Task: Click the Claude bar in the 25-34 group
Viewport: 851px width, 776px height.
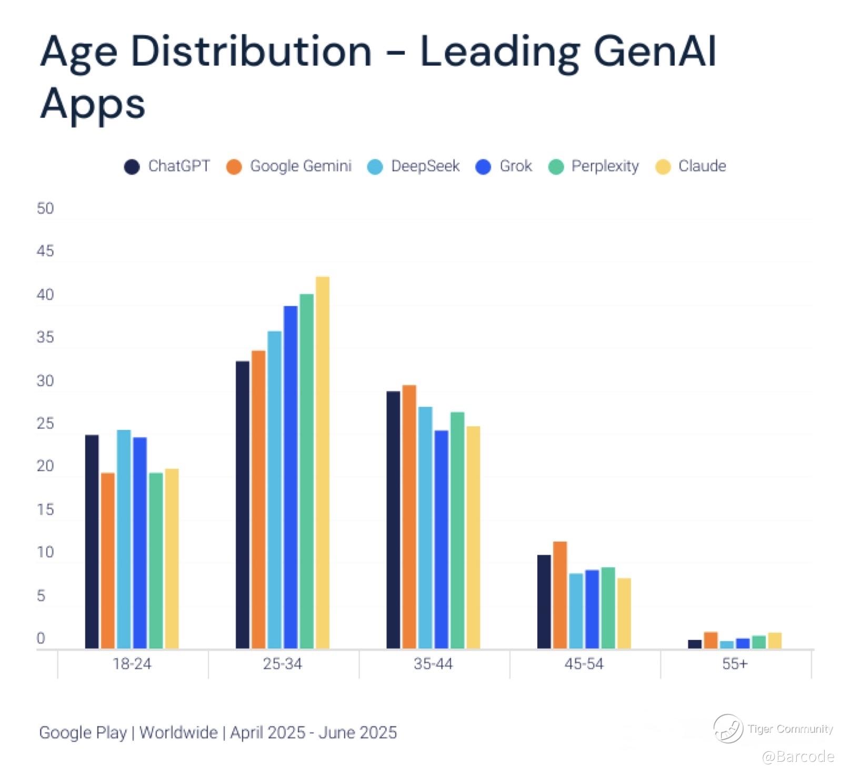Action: (322, 463)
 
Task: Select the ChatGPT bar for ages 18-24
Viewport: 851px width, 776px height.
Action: (92, 542)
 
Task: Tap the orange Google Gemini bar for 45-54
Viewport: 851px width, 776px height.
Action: (560, 595)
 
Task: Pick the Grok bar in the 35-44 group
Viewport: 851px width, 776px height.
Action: (442, 539)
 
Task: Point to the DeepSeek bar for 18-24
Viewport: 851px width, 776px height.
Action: (124, 539)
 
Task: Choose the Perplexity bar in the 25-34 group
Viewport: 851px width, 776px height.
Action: (306, 471)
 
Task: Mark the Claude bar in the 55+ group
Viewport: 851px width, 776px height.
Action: (774, 640)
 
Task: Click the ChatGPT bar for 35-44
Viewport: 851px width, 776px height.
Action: (393, 519)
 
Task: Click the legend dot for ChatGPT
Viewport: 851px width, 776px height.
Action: (132, 167)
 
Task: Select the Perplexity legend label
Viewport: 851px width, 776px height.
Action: (605, 166)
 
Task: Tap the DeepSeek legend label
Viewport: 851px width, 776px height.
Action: (425, 166)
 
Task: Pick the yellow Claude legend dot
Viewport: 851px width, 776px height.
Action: (663, 167)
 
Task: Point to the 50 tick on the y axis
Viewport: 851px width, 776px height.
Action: (45, 209)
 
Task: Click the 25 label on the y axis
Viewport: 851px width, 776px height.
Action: (45, 424)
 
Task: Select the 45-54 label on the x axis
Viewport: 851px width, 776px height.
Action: (584, 664)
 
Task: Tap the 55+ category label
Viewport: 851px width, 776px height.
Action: (735, 664)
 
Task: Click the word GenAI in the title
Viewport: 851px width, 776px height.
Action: (655, 51)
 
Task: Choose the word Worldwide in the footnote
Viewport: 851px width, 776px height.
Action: (178, 732)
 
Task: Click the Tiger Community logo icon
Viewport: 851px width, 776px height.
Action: (728, 729)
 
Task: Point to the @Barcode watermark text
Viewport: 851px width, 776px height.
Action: (798, 757)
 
